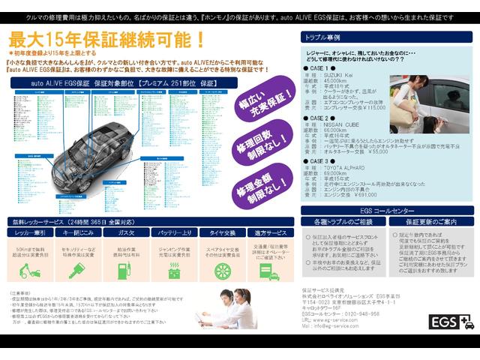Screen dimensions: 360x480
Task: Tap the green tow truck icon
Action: pyautogui.click(x=31, y=269)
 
